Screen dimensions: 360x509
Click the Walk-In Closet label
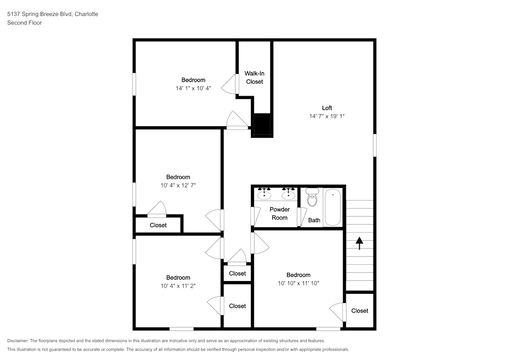(x=254, y=77)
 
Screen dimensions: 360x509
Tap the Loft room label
(x=327, y=108)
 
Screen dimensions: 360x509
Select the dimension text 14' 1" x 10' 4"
(x=193, y=88)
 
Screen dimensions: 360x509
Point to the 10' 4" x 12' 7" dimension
(x=178, y=185)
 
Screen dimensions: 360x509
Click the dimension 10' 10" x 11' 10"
(x=298, y=283)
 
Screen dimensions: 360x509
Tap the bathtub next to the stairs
(x=333, y=207)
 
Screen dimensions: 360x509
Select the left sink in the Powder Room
(x=264, y=194)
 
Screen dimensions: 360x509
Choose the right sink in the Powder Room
(x=289, y=194)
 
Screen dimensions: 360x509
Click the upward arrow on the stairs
(x=359, y=243)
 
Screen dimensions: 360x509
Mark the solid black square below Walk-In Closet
(x=263, y=125)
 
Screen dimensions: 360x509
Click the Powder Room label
(x=279, y=213)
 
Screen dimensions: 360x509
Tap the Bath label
(x=314, y=220)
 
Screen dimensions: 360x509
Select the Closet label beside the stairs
(x=359, y=311)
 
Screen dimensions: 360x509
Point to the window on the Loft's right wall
(x=375, y=145)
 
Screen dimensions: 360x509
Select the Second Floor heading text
(x=24, y=23)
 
